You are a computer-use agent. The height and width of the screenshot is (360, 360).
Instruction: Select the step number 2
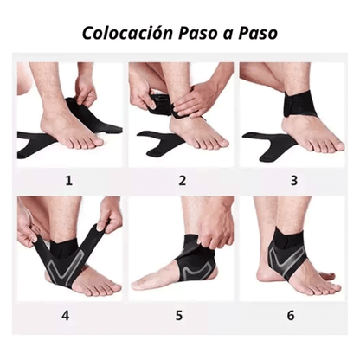pyautogui.click(x=182, y=181)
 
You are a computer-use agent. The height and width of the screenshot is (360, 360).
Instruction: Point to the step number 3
pyautogui.click(x=292, y=181)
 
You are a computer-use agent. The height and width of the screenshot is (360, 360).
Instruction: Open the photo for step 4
pyautogui.click(x=70, y=247)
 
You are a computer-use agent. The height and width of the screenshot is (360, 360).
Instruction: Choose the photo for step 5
pyautogui.click(x=181, y=247)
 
